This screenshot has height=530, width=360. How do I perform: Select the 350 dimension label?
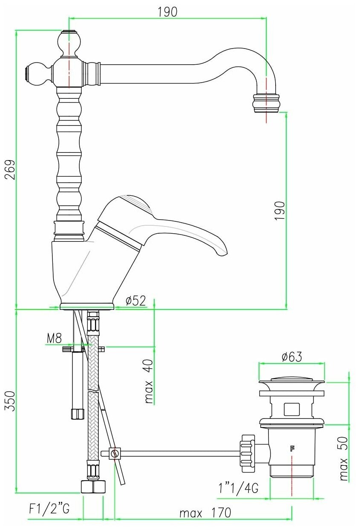point(10,401)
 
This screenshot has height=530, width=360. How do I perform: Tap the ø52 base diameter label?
point(135,301)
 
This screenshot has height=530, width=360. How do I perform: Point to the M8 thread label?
point(54,338)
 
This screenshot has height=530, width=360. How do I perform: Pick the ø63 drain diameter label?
point(292,357)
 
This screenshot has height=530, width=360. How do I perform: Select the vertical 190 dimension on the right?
point(279,210)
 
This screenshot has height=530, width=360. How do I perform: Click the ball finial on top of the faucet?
point(68,43)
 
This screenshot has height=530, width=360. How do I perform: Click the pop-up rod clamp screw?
point(114,453)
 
